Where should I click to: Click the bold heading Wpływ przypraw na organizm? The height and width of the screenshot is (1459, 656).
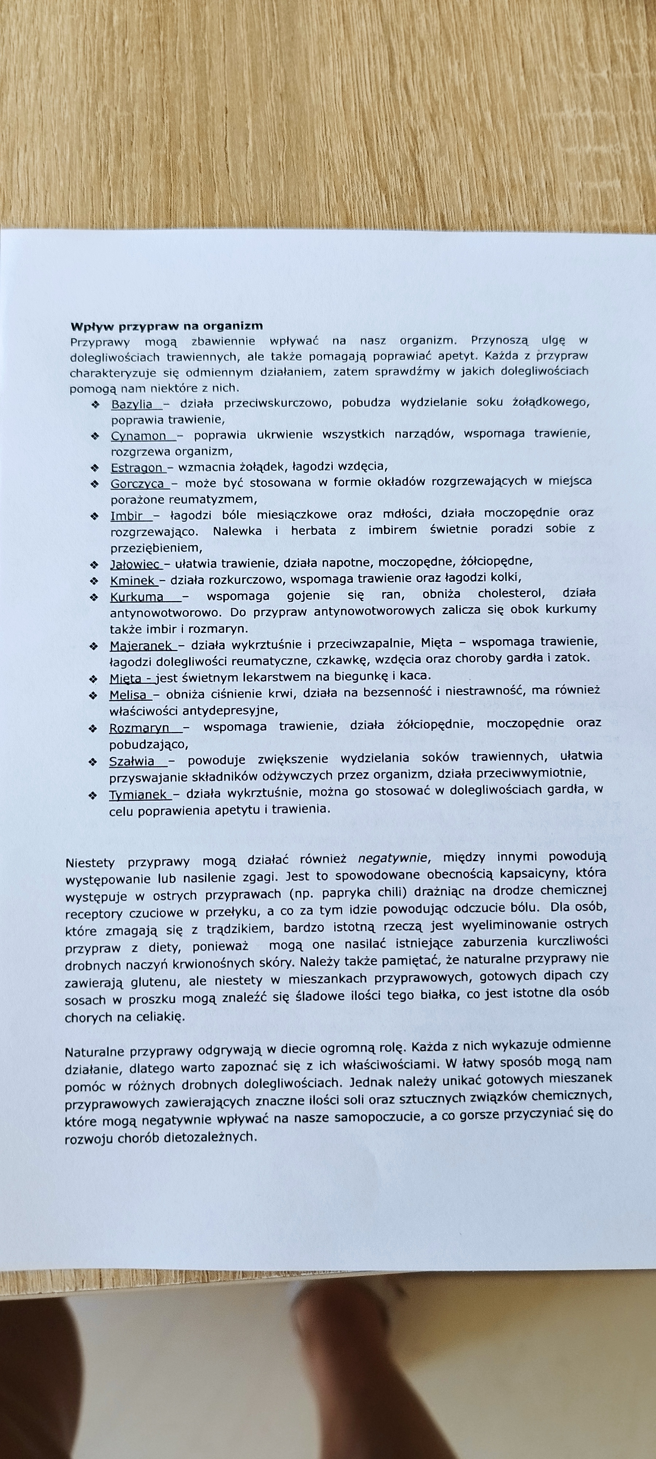167,326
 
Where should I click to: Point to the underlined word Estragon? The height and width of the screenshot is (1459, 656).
136,467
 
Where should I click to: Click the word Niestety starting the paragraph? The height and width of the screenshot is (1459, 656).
90,863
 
